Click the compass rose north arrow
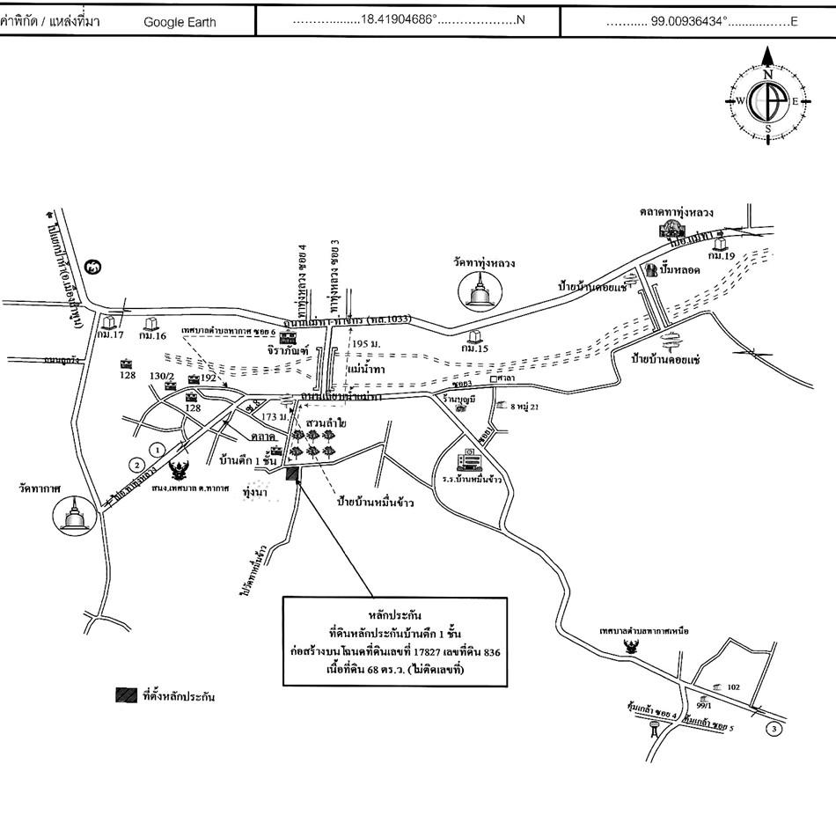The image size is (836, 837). [x=767, y=59]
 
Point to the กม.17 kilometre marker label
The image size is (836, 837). [x=112, y=335]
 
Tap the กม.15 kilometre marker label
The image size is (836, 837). [x=475, y=349]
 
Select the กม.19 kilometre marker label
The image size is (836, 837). [x=722, y=255]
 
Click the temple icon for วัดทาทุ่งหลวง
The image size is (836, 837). [x=479, y=291]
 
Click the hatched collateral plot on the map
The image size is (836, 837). [x=293, y=474]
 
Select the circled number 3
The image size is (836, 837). [x=774, y=729]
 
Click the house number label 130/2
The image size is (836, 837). [x=161, y=376]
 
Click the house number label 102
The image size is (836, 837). [x=732, y=687]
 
